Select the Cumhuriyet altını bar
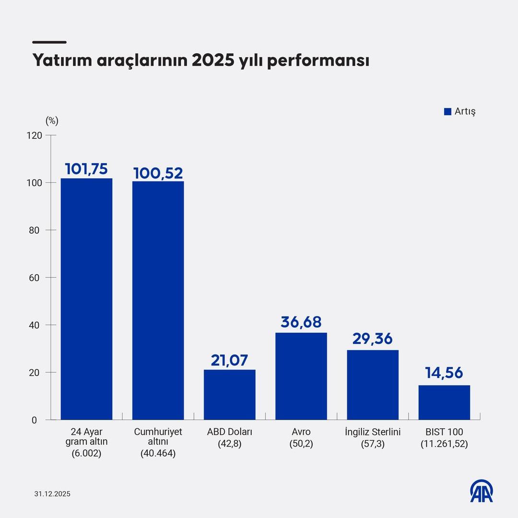coord(158,300)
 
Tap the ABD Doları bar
coord(229,394)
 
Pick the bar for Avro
coord(301,376)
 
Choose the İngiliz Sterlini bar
coord(373,385)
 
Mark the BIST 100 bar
coord(444,402)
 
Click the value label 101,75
coord(86,169)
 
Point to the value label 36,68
coord(301,322)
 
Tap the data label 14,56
coord(444,374)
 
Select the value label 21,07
coord(229,360)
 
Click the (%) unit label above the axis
coord(52,121)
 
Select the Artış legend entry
coord(460,111)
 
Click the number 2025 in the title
coord(212,61)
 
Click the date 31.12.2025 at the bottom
coord(52,494)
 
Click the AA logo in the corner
coord(481,491)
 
